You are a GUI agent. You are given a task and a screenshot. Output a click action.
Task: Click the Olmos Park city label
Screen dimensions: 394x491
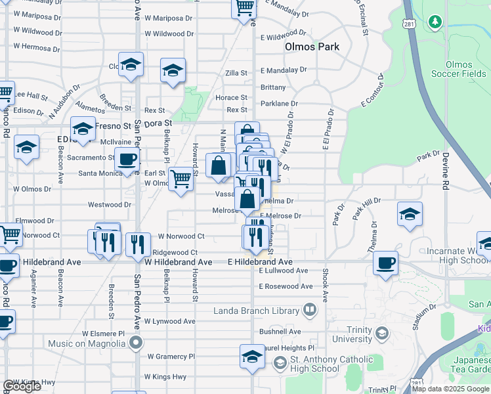(312, 47)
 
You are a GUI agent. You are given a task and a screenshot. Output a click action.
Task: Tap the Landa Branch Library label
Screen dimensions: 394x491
(256, 310)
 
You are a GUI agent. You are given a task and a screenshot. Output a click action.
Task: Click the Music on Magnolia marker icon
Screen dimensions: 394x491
(136, 342)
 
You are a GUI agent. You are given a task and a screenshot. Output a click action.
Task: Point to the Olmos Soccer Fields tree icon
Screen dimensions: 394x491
(435, 22)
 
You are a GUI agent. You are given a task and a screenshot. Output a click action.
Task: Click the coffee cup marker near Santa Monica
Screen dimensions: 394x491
(127, 159)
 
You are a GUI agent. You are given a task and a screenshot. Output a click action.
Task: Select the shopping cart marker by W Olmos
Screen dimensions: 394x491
(180, 179)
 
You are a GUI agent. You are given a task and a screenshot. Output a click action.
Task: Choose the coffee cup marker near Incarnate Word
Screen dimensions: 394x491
(385, 262)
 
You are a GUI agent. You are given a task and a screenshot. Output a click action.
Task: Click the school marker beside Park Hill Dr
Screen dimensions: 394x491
(410, 214)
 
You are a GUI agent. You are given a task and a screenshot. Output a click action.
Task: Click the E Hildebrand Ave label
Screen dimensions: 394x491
(259, 261)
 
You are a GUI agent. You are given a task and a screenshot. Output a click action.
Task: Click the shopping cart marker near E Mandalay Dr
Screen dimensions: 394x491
(244, 8)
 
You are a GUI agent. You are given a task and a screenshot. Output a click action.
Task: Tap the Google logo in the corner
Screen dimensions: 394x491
(22, 386)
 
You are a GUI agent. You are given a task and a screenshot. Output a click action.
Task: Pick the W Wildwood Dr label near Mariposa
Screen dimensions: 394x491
(169, 33)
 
